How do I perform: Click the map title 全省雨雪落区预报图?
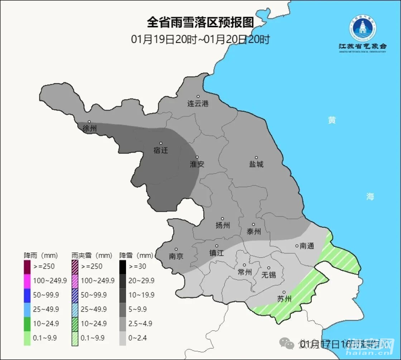[x=200, y=22]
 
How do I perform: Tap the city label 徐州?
[x=90, y=129]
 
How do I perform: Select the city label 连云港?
[x=198, y=104]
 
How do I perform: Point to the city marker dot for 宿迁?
[x=161, y=143]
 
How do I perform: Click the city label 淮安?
[x=197, y=164]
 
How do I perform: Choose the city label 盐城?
[x=256, y=164]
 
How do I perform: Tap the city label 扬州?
[x=222, y=225]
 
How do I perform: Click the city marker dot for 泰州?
[x=253, y=225]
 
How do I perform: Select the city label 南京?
[x=176, y=256]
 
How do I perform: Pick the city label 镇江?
[x=216, y=253]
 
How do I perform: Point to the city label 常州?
[x=245, y=272]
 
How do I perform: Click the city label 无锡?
[x=269, y=275]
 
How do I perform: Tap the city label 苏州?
[x=284, y=299]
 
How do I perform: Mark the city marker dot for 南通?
[x=297, y=246]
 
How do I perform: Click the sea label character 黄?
[x=332, y=120]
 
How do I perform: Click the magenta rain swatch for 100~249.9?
[x=27, y=280]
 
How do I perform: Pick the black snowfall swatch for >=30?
[x=122, y=266]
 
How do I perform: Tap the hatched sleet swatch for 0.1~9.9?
[x=75, y=338]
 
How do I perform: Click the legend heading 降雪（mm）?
[x=136, y=256]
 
